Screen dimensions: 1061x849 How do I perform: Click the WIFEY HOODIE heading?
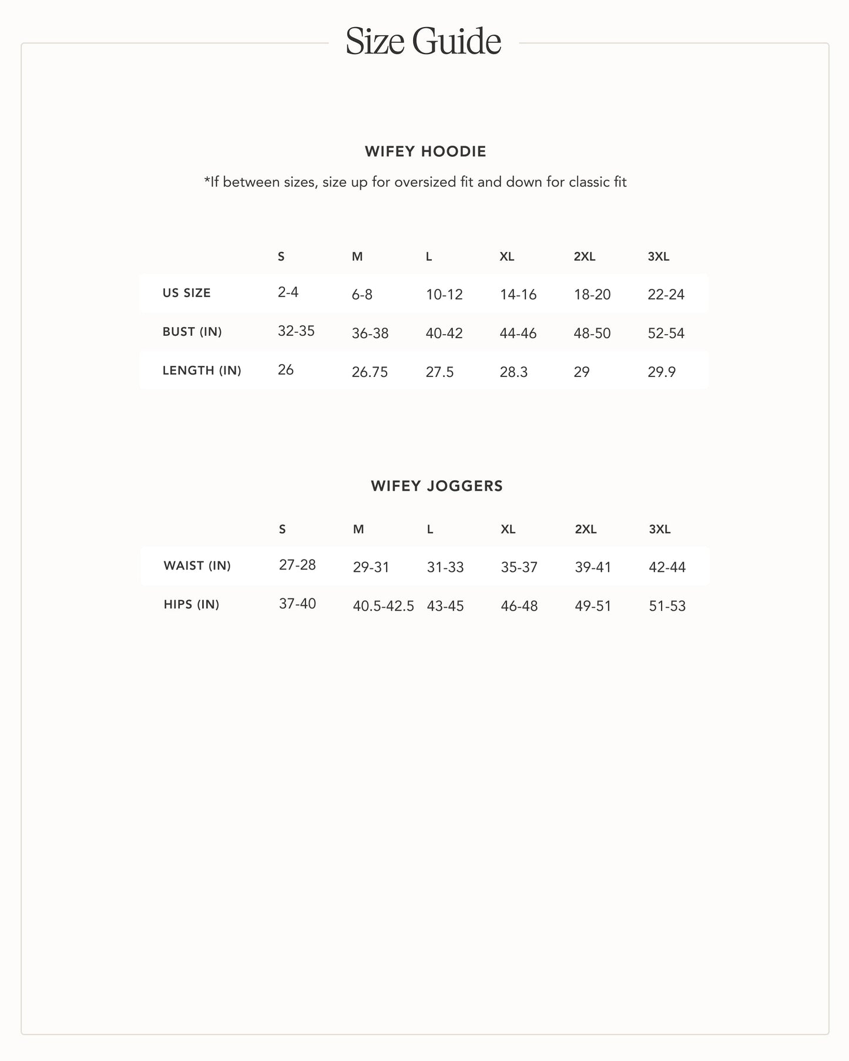click(425, 151)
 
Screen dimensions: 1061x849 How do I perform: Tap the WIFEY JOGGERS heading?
click(437, 486)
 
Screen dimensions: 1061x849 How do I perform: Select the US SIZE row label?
click(186, 293)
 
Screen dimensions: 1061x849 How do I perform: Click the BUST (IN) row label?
click(192, 332)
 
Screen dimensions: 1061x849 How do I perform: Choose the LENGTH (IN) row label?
click(202, 370)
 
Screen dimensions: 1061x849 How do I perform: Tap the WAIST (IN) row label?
click(197, 565)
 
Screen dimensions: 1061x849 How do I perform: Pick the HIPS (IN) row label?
click(191, 604)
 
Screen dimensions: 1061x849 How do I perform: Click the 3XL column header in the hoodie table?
click(658, 257)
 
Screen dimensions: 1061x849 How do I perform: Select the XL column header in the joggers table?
click(508, 530)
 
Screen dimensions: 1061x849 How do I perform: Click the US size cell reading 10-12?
click(444, 295)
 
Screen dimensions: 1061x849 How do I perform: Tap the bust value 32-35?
click(296, 331)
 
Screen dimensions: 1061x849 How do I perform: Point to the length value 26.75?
click(370, 372)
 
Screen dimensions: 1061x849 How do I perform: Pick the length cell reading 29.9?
click(662, 372)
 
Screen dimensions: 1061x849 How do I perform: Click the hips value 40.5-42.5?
click(383, 606)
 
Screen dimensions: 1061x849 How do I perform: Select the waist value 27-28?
click(297, 565)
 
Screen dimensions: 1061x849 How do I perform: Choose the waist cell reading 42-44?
click(667, 567)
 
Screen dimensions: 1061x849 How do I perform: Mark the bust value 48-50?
click(592, 334)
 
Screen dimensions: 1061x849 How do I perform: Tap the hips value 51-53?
click(667, 606)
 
